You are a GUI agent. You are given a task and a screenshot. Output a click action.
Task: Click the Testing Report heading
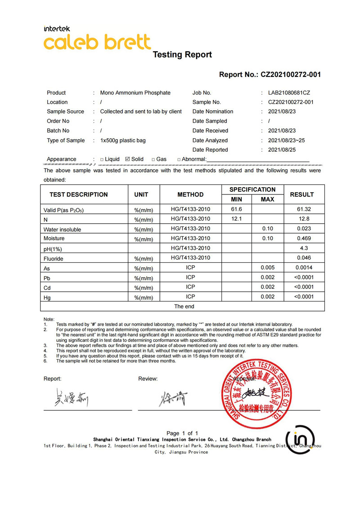[x=182, y=55]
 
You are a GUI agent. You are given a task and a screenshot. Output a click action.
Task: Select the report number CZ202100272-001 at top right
[x=291, y=75]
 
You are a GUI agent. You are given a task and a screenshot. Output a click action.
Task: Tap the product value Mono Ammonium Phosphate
[x=135, y=93]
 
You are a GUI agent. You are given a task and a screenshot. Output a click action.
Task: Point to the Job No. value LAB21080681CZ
[x=289, y=93]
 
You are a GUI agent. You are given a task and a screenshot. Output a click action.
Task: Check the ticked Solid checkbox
[x=127, y=159]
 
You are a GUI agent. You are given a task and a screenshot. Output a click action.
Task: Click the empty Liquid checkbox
[x=102, y=159]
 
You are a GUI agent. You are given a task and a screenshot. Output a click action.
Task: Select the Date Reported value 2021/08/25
[x=282, y=150]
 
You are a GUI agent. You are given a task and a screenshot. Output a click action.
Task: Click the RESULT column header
[x=301, y=194]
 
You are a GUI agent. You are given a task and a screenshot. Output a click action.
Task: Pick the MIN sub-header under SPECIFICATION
[x=236, y=199]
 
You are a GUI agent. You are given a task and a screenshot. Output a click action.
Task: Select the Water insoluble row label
[x=62, y=230]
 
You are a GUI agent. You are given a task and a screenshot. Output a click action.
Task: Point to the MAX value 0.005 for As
[x=268, y=268]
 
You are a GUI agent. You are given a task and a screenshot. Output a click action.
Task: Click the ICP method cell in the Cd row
[x=190, y=287]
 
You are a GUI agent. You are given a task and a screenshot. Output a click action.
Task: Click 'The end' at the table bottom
[x=184, y=306]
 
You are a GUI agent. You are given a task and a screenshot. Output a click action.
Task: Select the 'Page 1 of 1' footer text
[x=182, y=433]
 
